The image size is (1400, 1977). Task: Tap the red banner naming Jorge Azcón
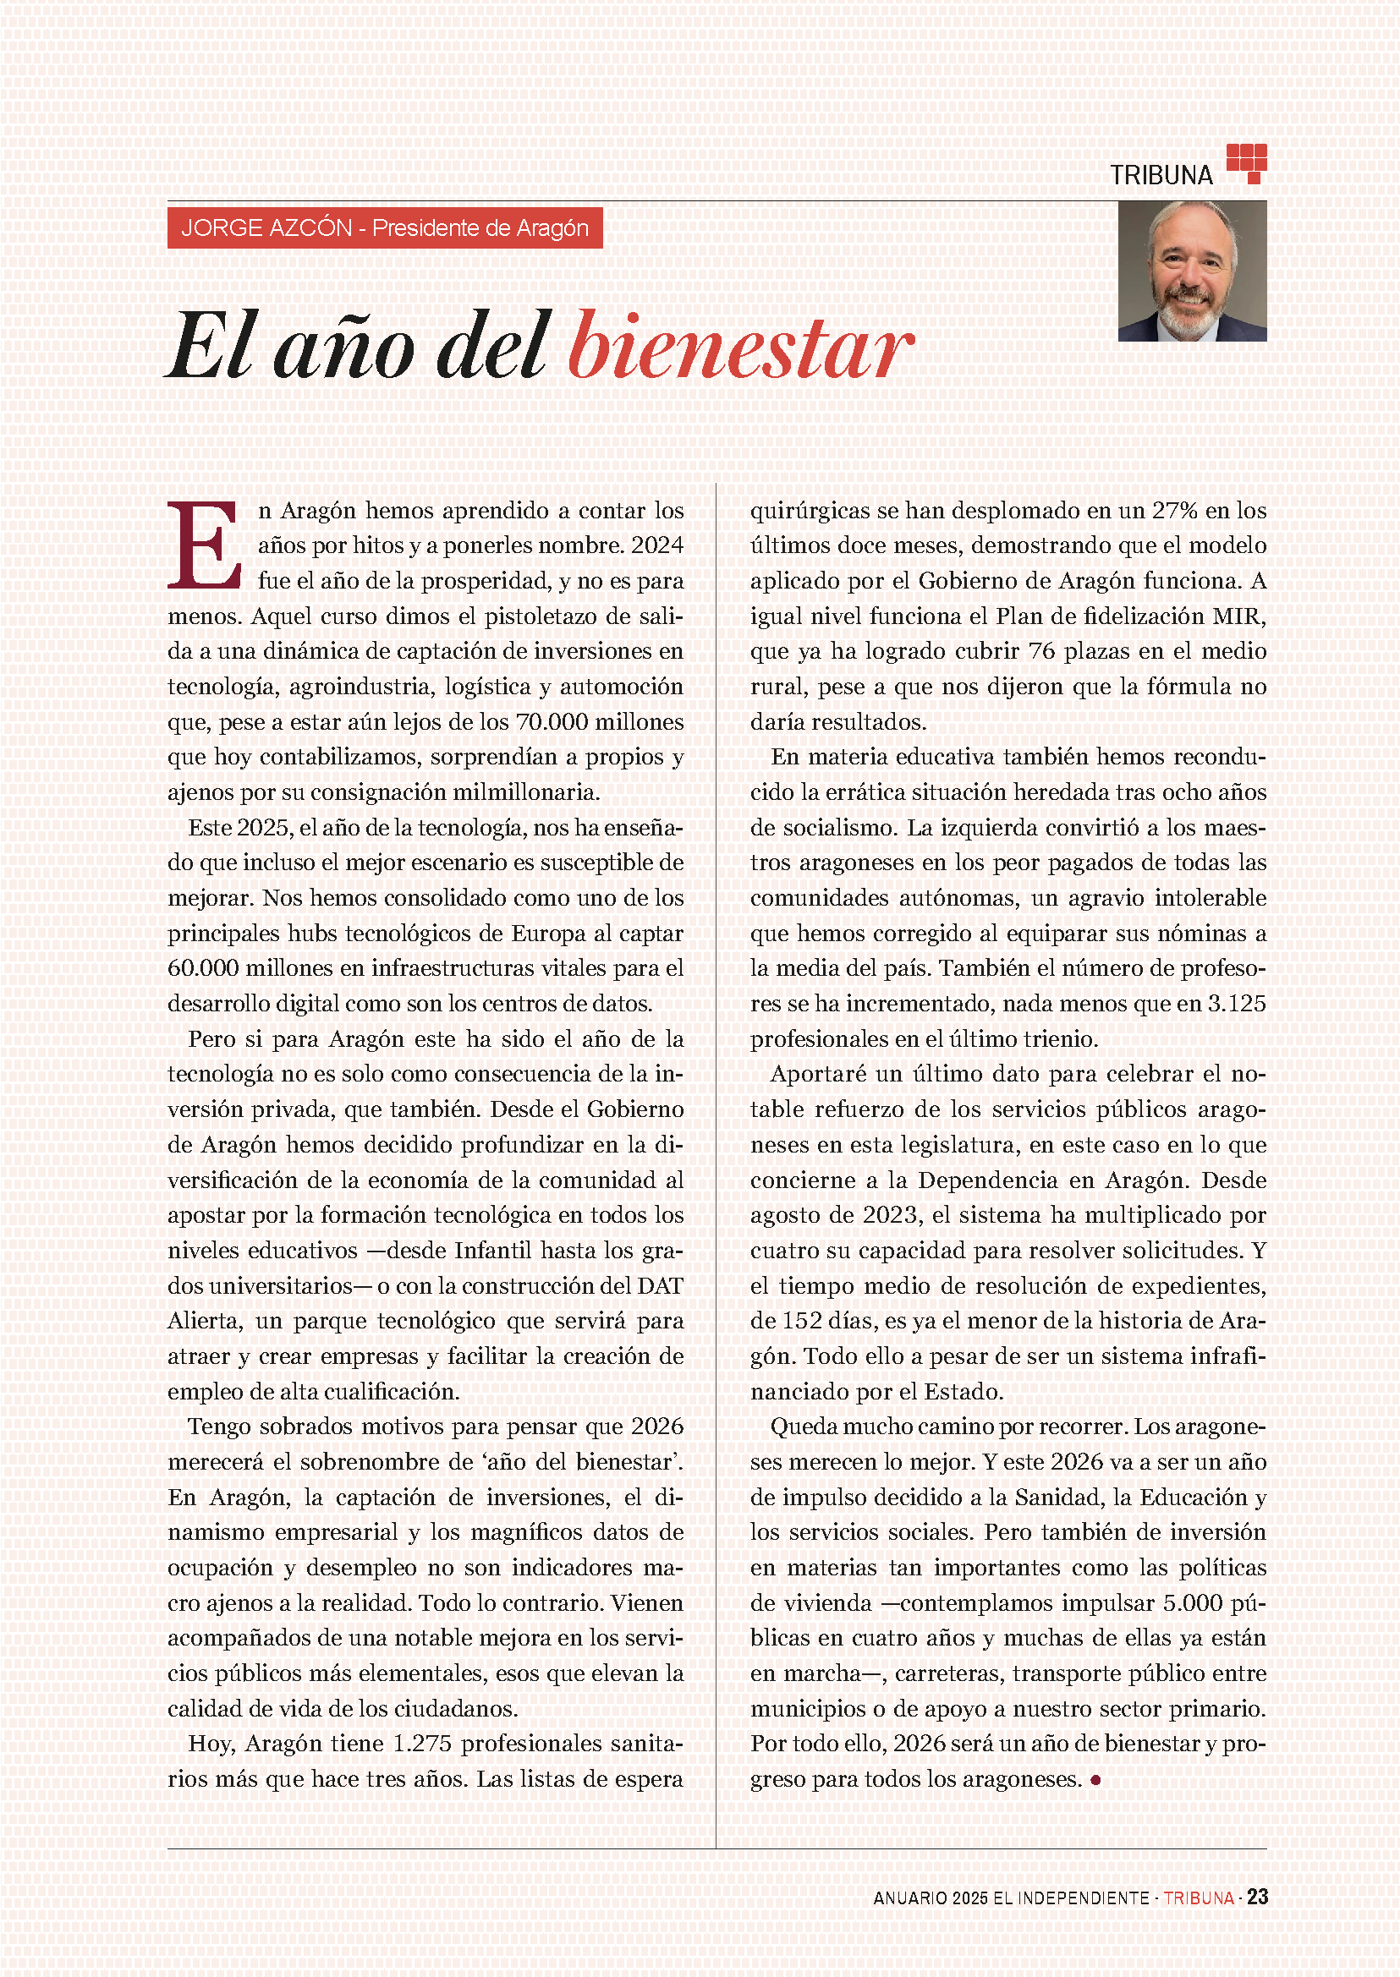click(x=385, y=228)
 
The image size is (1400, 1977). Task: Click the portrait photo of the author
click(x=1191, y=271)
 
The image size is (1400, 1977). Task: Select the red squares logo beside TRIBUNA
click(x=1246, y=163)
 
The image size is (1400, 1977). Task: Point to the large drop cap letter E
click(x=204, y=545)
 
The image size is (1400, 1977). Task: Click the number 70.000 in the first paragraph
click(x=551, y=722)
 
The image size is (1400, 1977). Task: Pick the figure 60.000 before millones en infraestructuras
click(x=204, y=968)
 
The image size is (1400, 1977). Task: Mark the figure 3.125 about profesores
click(x=1236, y=1004)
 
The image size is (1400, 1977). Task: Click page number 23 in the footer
click(x=1257, y=1897)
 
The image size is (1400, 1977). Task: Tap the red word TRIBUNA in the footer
click(x=1199, y=1898)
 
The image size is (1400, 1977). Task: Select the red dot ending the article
click(x=1095, y=1780)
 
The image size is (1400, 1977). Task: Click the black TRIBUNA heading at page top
click(x=1161, y=175)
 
